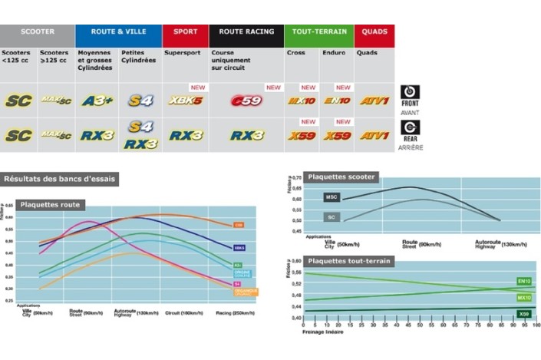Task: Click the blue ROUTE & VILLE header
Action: (x=118, y=32)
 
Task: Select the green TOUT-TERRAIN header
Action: (x=318, y=32)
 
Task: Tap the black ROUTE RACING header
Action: (x=246, y=32)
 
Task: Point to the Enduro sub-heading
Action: (x=332, y=53)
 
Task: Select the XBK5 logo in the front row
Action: (x=186, y=101)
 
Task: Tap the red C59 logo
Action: (x=247, y=101)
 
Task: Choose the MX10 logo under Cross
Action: (x=302, y=101)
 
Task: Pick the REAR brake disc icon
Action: (x=411, y=128)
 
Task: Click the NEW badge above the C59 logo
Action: (x=273, y=88)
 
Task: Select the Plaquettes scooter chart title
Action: (x=341, y=177)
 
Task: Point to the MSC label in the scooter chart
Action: (x=331, y=197)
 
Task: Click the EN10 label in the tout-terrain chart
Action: (x=524, y=282)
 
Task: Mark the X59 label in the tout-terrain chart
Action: (x=524, y=313)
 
